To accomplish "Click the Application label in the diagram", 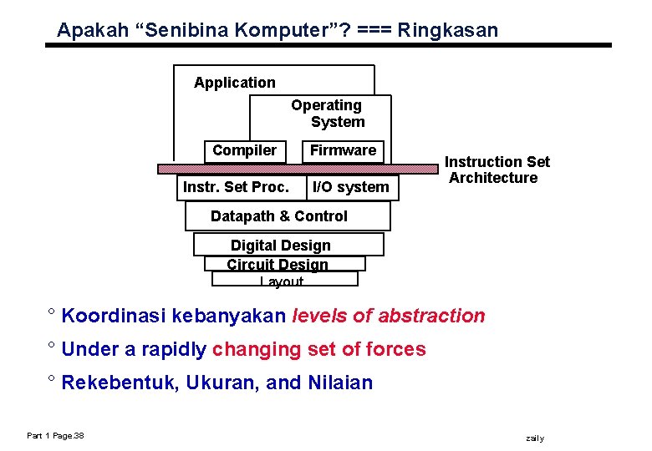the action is click(234, 83).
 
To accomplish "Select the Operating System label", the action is click(327, 114).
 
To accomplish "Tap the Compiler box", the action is click(244, 150).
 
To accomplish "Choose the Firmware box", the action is click(343, 150).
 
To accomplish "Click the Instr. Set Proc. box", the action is click(236, 187).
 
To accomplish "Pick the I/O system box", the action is click(350, 187).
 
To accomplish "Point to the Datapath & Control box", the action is click(279, 216).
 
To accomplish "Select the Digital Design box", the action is click(281, 245).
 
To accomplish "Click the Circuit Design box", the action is click(278, 264).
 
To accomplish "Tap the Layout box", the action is click(282, 281).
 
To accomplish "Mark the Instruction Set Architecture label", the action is click(497, 170).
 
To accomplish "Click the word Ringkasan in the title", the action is click(447, 31).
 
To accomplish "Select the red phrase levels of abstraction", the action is click(389, 316).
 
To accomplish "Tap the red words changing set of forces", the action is click(319, 349).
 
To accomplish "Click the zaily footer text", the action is click(534, 438).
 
